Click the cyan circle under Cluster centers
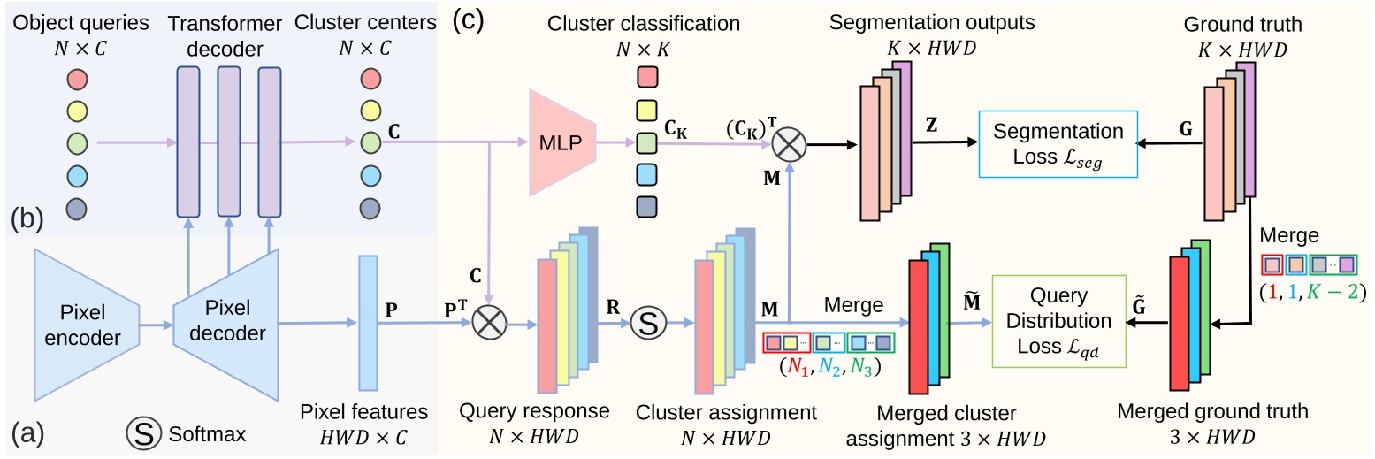point(371,173)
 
